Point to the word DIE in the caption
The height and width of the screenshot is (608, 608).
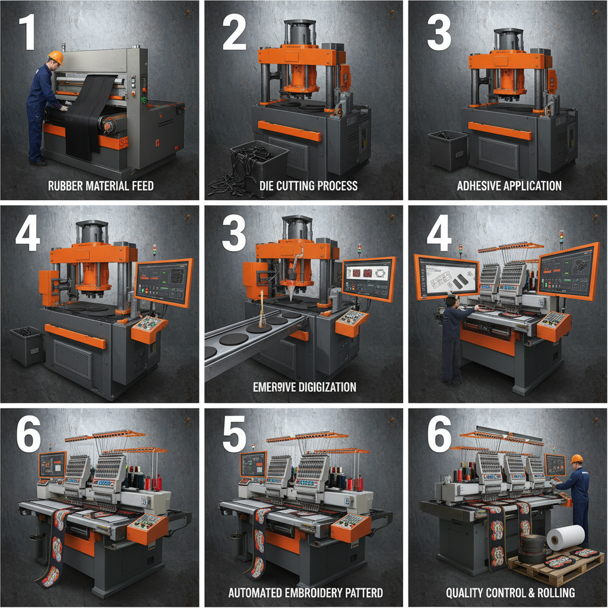[x=268, y=186]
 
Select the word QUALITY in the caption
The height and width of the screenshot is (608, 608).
[x=465, y=593]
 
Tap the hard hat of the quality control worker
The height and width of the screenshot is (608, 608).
[x=576, y=459]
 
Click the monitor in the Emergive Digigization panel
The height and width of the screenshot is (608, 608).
[x=369, y=278]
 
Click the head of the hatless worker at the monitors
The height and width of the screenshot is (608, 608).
[x=450, y=302]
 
